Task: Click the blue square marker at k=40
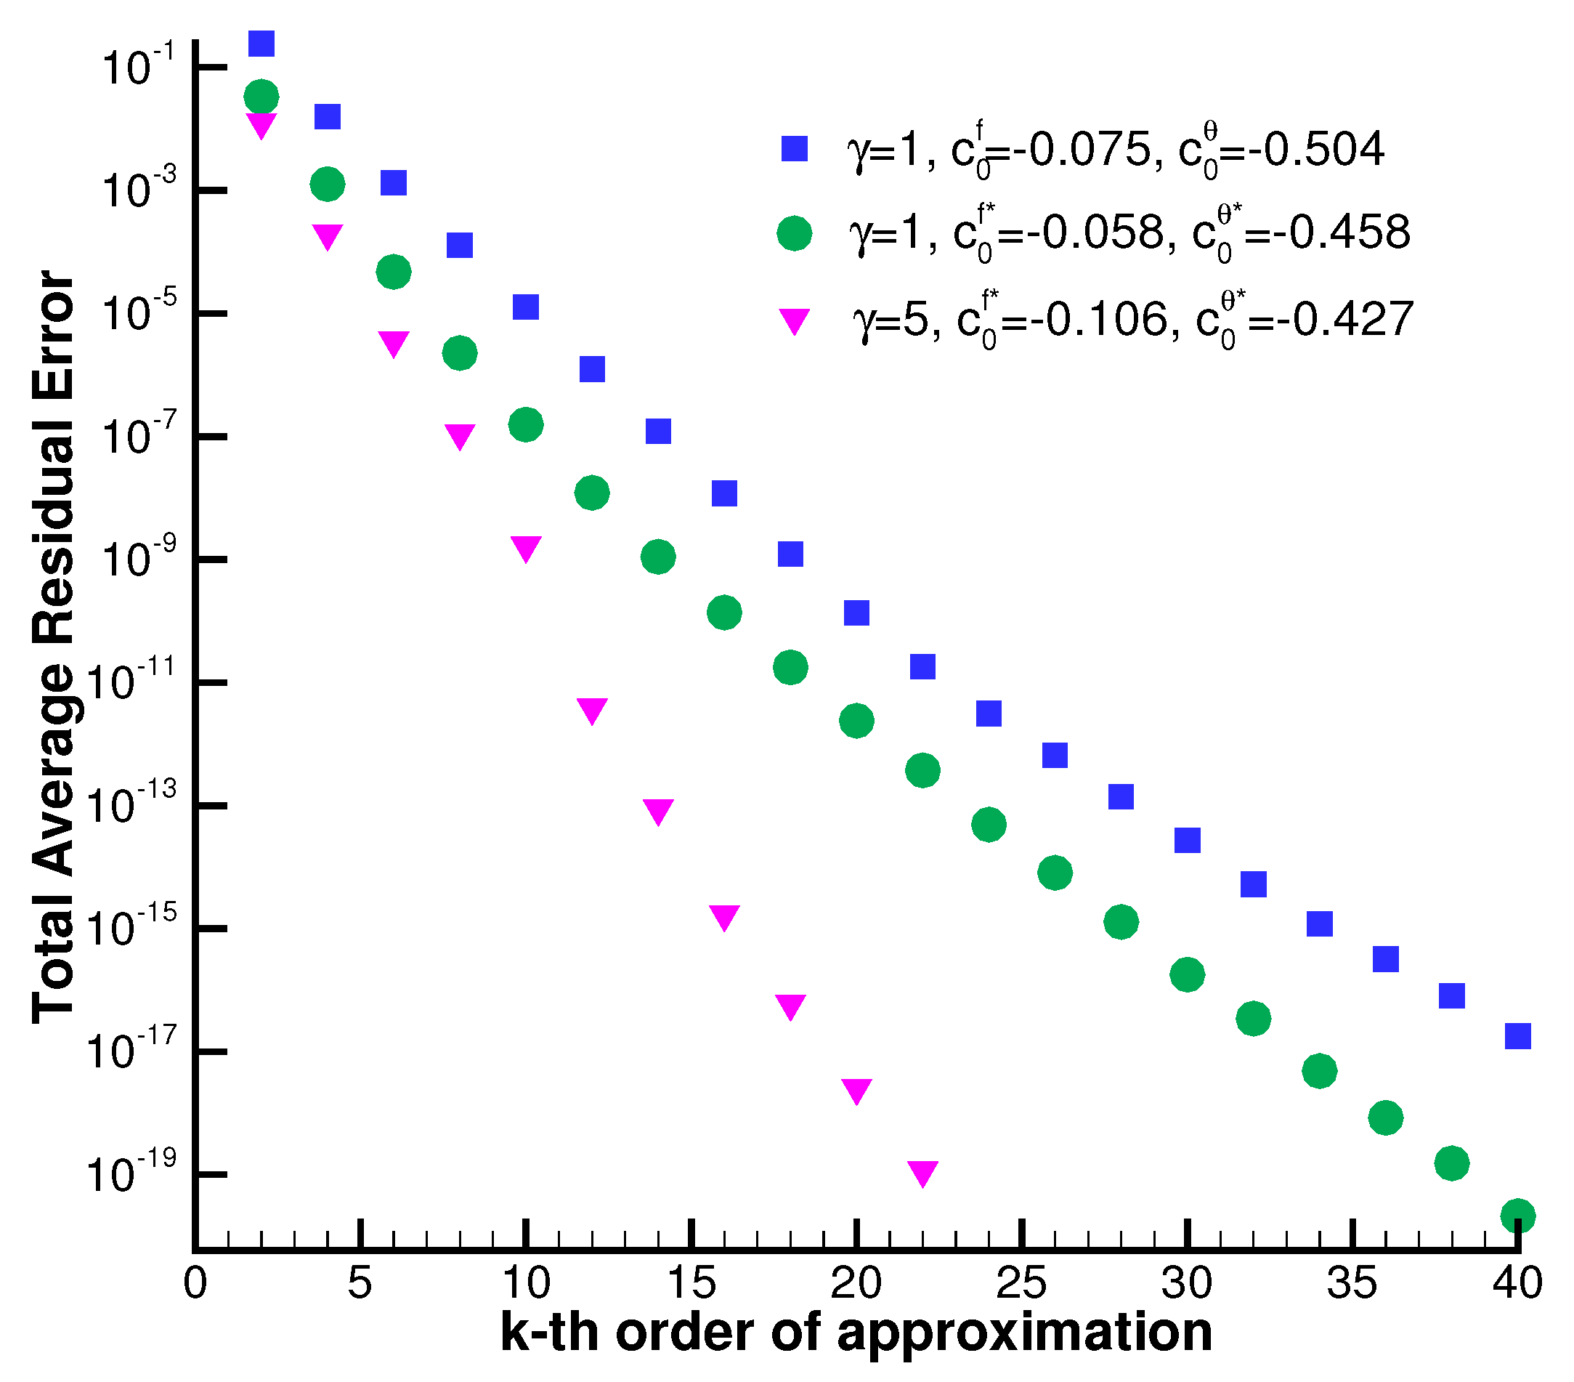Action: click(x=1517, y=1036)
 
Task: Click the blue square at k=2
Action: click(x=261, y=44)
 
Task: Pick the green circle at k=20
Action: click(x=856, y=720)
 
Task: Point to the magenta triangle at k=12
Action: click(x=591, y=708)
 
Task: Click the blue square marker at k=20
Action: click(x=856, y=613)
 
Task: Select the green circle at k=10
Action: click(x=526, y=424)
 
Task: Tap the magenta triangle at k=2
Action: click(x=261, y=124)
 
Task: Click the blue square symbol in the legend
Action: click(x=794, y=149)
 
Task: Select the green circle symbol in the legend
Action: click(x=794, y=233)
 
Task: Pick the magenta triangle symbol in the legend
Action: click(x=794, y=320)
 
